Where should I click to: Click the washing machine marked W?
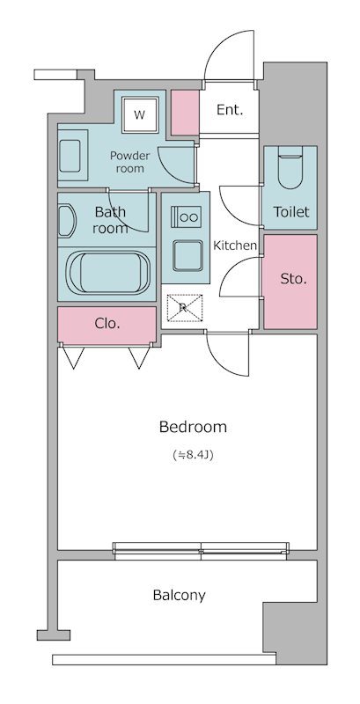point(140,115)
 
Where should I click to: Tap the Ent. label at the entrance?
point(230,110)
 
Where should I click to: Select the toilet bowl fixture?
point(290,171)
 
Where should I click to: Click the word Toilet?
point(291,211)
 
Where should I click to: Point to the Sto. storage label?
point(294,279)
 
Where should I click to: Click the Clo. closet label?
point(107,323)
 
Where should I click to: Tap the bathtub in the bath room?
point(107,273)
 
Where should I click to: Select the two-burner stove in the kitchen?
point(186,216)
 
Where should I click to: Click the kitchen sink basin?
point(187,255)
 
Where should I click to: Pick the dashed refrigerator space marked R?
point(185,307)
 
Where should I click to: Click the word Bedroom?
point(193,427)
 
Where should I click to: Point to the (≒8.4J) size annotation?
point(193,455)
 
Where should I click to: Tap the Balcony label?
point(179,596)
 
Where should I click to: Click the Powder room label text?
point(129,162)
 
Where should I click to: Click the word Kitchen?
point(235,246)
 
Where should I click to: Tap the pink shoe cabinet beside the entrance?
point(185,113)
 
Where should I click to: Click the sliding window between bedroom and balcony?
point(201,551)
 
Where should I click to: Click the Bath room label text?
point(110,219)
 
